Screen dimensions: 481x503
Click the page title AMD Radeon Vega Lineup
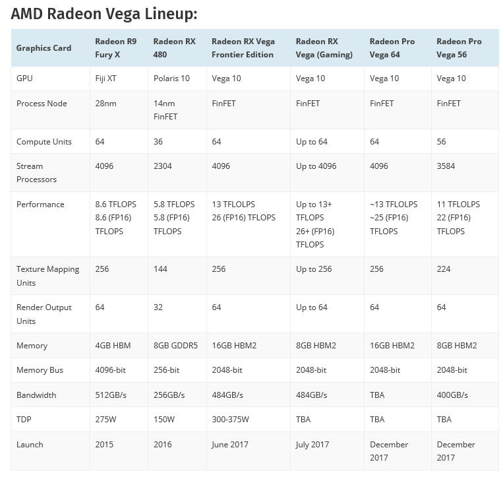click(x=104, y=14)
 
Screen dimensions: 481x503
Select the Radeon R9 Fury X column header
click(x=115, y=48)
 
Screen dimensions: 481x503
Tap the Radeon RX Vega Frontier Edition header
click(x=243, y=48)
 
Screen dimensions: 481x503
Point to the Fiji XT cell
click(x=109, y=79)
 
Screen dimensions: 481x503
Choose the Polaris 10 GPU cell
click(x=171, y=79)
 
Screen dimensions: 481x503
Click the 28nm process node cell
click(x=106, y=104)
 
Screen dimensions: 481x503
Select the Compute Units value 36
click(x=158, y=142)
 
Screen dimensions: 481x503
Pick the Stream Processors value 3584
click(x=446, y=166)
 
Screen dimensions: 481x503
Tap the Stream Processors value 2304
click(x=162, y=166)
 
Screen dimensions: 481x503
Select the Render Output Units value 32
click(x=158, y=307)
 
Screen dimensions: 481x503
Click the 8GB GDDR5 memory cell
click(x=175, y=346)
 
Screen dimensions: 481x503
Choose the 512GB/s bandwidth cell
click(x=111, y=395)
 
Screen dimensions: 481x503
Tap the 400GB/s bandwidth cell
click(x=452, y=395)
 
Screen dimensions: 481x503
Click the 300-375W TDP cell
click(x=231, y=420)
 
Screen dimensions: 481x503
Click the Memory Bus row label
click(x=40, y=370)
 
